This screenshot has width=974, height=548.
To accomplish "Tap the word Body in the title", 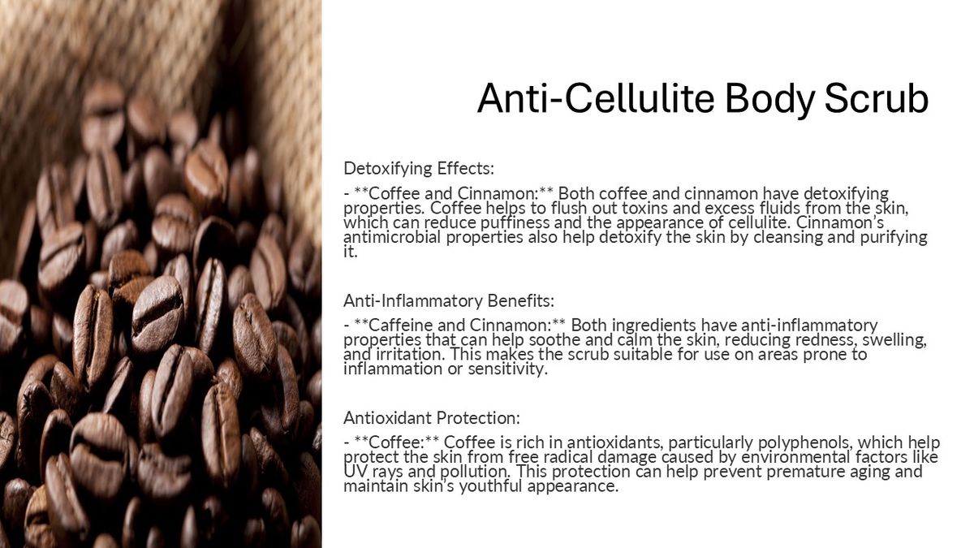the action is point(769,100).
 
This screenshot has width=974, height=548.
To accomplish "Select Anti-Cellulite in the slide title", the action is point(596,98).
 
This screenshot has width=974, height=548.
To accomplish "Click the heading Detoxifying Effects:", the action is point(419,168).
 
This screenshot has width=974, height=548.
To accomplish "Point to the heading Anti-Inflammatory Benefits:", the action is point(449,300).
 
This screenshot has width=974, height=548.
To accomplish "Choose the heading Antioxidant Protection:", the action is point(431,418).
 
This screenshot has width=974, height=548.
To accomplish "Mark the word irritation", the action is point(410,355).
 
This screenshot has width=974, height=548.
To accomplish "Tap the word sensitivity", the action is point(507,369).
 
